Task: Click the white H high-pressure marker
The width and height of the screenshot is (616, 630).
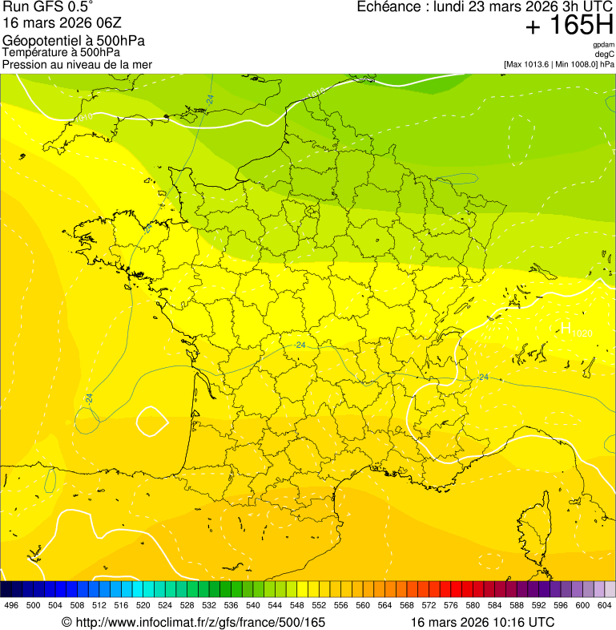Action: (565, 327)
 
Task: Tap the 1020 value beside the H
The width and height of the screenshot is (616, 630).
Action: (582, 333)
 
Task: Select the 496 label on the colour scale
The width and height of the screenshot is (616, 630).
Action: (11, 606)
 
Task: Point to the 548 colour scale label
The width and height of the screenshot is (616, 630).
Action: (296, 606)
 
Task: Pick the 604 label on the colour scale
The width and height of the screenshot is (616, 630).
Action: (604, 606)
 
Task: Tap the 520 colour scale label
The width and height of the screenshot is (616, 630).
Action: (143, 606)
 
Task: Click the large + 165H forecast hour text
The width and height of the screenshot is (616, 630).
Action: (569, 26)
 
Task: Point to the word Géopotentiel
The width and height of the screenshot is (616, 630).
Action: (40, 41)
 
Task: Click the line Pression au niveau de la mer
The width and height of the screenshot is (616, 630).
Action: (77, 64)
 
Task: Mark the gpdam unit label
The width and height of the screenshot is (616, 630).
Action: (603, 45)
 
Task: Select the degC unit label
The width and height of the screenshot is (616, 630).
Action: (604, 54)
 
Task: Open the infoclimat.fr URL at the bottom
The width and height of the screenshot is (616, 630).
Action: (194, 622)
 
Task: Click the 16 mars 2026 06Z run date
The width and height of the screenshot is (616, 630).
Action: (62, 23)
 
